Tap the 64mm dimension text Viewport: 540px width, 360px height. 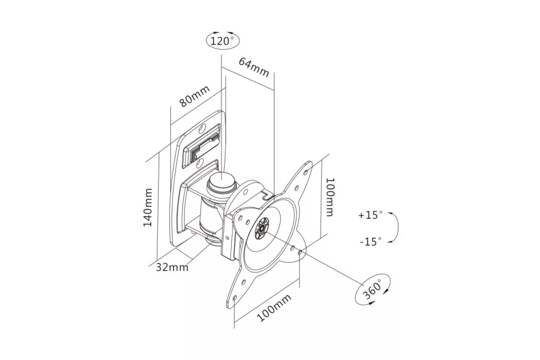(x=254, y=68)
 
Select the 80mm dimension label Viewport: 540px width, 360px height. (x=195, y=96)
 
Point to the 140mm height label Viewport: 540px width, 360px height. (x=148, y=207)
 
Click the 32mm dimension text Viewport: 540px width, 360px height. (x=172, y=267)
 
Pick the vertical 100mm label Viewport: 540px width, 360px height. (x=330, y=197)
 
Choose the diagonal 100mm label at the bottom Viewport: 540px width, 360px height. (x=275, y=307)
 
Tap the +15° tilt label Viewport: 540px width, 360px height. (x=371, y=215)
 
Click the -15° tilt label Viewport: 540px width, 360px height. (x=371, y=241)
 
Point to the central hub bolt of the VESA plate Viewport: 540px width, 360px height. (x=262, y=228)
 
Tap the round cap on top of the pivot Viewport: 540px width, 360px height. (x=221, y=182)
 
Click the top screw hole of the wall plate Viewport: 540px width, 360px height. (x=202, y=129)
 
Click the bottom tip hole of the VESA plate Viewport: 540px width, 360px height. (x=235, y=297)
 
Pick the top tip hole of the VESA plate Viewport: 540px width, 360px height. (x=306, y=166)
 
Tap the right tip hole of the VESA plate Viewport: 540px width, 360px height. (x=300, y=252)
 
